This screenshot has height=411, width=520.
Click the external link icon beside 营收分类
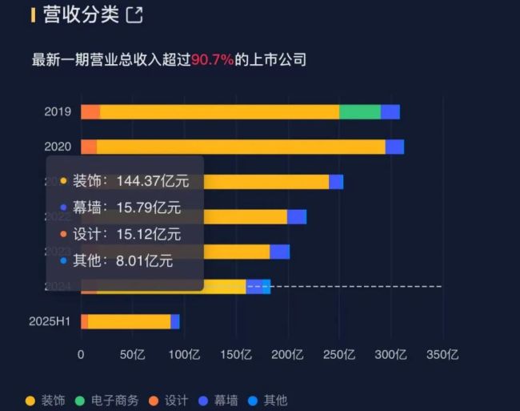pos(134,14)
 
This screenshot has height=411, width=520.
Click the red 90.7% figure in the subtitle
pos(212,60)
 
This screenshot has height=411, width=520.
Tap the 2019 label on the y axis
pos(58,112)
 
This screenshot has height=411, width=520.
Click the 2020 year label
pos(58,147)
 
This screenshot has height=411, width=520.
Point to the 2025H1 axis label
pos(50,321)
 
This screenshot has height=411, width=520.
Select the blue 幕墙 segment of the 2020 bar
pos(394,147)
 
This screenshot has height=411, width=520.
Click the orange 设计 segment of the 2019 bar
pos(90,112)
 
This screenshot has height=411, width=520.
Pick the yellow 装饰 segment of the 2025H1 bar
pos(129,321)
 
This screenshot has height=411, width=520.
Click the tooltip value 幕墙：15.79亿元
pos(126,208)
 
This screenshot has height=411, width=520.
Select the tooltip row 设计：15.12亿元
pos(126,234)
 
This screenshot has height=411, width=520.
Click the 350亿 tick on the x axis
pos(442,355)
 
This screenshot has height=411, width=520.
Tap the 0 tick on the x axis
pos(81,355)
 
